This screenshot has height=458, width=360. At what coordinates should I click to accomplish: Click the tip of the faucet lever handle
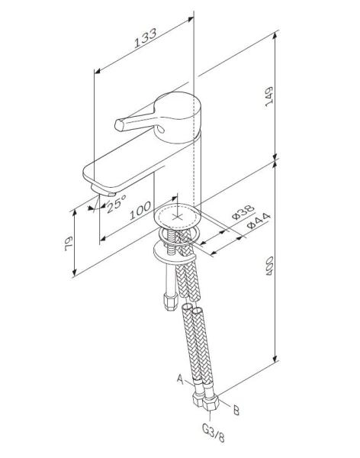(x=118, y=123)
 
